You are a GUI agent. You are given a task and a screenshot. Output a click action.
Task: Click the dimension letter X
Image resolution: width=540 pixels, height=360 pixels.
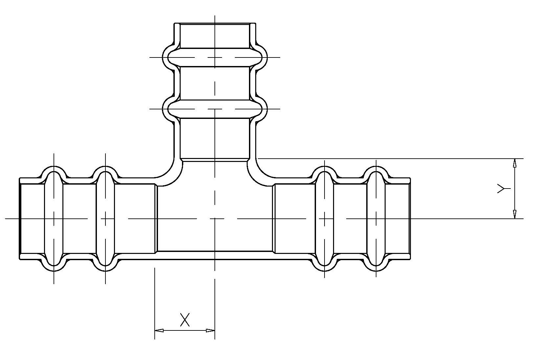tap(185, 320)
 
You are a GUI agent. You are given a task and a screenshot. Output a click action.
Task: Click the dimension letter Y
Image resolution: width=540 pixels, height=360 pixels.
tap(503, 188)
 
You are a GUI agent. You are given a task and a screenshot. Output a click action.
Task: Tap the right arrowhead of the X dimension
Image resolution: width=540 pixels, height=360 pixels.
tap(210, 330)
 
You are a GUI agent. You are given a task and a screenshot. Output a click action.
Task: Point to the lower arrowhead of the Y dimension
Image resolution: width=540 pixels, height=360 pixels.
tap(514, 214)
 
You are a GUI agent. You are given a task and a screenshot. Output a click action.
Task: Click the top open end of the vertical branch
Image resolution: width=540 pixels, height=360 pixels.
tap(215, 24)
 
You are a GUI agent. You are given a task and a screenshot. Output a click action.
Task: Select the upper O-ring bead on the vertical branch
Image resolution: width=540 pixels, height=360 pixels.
tap(215, 57)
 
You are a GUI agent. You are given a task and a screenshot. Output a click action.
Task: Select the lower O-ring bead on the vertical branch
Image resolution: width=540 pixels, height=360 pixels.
tap(215, 109)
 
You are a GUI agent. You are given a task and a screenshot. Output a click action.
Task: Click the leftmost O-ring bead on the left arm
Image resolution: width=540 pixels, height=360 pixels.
tap(54, 218)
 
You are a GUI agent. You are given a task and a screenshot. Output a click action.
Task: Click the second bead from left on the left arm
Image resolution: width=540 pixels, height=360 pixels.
tap(105, 218)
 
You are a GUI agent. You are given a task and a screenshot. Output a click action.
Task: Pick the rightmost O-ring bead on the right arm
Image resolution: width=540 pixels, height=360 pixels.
tap(376, 218)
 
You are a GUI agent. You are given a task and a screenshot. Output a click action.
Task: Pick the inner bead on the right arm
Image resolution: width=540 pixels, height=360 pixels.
tap(325, 218)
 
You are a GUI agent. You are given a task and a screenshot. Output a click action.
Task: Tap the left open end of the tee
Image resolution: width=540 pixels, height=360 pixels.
tap(20, 218)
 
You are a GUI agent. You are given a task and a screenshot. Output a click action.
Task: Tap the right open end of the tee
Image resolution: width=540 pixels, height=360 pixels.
tap(410, 218)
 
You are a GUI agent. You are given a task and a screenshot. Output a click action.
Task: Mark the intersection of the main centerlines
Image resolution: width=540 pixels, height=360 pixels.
tap(215, 218)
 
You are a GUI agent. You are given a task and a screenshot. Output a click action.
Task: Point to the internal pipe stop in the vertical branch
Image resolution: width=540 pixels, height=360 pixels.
tap(215, 160)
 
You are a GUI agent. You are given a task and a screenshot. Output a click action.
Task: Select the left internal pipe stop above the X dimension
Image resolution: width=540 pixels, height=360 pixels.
tap(156, 218)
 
